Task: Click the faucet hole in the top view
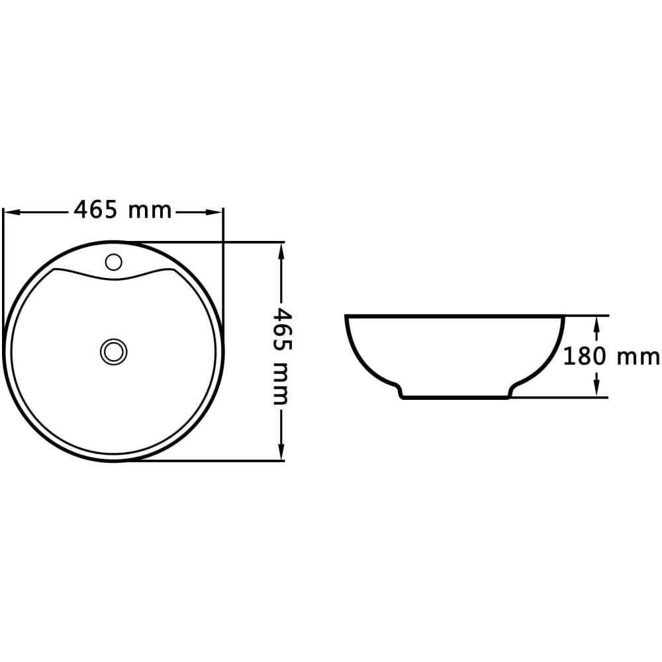[113, 261]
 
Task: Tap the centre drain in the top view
[114, 352]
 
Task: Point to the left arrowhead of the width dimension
[12, 212]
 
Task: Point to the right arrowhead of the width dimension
[214, 212]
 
